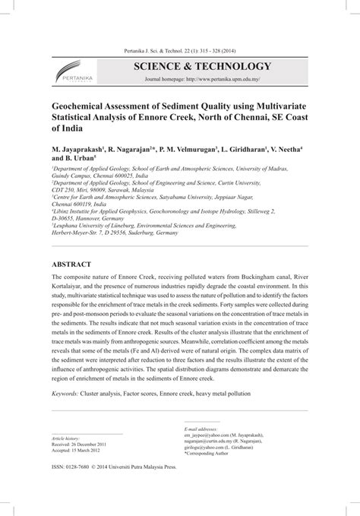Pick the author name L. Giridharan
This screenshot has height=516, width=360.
251,151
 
